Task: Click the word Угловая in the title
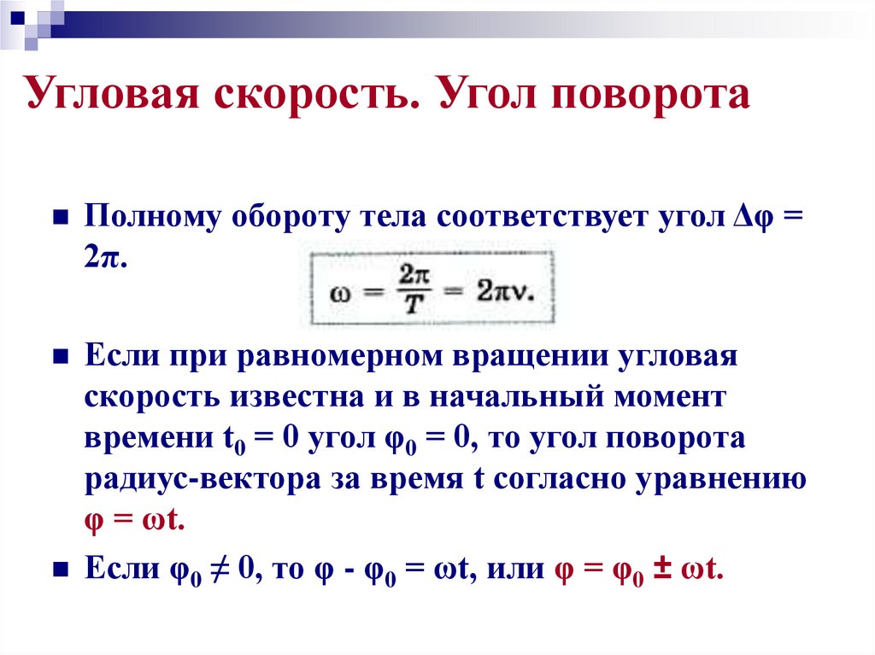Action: [x=118, y=97]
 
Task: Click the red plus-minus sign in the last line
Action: [x=661, y=569]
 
